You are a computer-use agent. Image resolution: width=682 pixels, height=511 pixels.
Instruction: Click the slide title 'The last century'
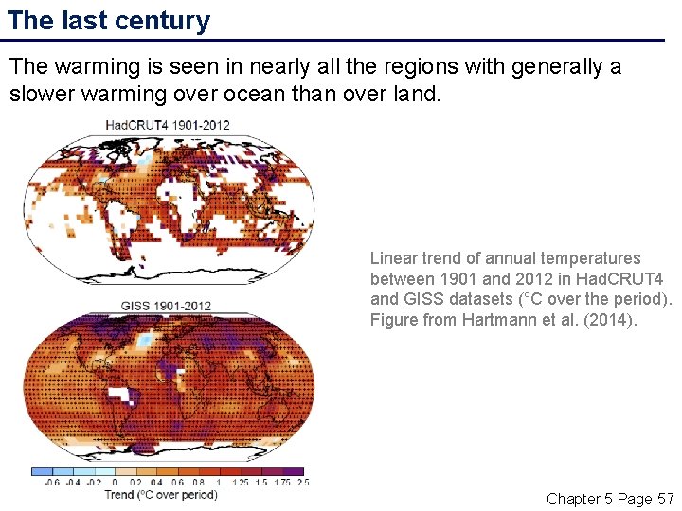pyautogui.click(x=109, y=21)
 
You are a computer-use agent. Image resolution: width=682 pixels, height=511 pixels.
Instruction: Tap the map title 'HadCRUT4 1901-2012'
pyautogui.click(x=167, y=125)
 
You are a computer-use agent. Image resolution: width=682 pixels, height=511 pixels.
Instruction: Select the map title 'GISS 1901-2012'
pyautogui.click(x=166, y=306)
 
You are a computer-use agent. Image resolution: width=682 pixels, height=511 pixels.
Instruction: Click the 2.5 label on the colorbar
pyautogui.click(x=302, y=482)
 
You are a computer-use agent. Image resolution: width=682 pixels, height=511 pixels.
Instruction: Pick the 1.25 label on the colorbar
pyautogui.click(x=240, y=482)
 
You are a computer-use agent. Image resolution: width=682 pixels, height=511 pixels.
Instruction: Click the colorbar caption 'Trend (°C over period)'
pyautogui.click(x=160, y=494)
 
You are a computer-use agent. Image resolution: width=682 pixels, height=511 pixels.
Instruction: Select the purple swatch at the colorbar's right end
pyautogui.click(x=294, y=470)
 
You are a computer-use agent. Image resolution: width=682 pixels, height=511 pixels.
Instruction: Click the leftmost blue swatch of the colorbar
pyautogui.click(x=41, y=470)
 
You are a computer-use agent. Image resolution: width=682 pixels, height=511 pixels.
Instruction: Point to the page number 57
pyautogui.click(x=664, y=499)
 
